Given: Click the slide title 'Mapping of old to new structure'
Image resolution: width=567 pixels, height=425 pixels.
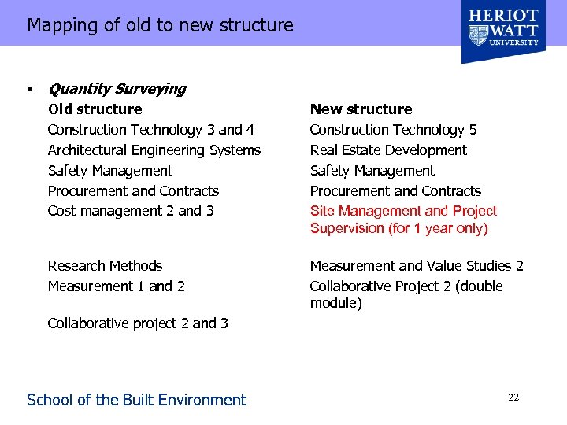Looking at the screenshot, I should tap(160, 25).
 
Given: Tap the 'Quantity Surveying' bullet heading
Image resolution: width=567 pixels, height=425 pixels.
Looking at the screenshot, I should tap(117, 89).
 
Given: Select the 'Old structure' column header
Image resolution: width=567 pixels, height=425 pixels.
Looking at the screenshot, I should tap(94, 109).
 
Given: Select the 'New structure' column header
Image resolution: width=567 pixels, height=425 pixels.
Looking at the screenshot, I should tap(361, 109).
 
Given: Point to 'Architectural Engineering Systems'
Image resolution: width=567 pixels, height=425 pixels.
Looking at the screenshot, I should tap(154, 150).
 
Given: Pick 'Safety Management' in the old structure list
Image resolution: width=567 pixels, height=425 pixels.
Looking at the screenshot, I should tap(109, 171).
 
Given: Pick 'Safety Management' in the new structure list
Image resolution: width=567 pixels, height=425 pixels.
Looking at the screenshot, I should tap(372, 171).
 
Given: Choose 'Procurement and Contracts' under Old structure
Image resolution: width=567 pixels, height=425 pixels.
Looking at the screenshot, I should tap(133, 191).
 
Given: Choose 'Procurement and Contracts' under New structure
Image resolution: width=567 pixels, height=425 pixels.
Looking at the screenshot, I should tap(395, 191).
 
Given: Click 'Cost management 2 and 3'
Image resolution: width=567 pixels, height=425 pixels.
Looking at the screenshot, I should tap(131, 211).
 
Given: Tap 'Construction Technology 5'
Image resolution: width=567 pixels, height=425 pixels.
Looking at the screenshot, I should tap(393, 130).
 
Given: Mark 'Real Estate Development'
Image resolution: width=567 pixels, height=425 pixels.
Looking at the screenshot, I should tap(388, 150).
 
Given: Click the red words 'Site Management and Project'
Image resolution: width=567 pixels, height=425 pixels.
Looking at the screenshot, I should tap(403, 211).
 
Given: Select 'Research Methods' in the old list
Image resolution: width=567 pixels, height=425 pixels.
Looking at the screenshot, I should tap(105, 266).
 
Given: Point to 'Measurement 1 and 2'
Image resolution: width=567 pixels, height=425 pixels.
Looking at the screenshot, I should tap(116, 286).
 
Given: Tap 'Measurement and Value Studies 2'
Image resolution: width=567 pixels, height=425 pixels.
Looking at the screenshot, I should tap(417, 266).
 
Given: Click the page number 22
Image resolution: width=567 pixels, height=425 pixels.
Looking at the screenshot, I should tap(513, 397).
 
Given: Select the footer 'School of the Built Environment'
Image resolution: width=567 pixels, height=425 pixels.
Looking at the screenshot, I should tap(136, 400).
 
